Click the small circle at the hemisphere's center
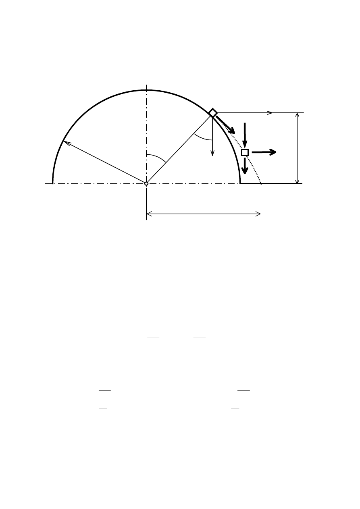(x=146, y=183)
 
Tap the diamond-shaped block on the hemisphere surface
(x=213, y=113)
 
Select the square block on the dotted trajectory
(x=245, y=152)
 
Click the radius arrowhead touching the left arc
(x=65, y=142)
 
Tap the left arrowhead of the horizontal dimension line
(x=150, y=214)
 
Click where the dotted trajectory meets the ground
(x=261, y=183)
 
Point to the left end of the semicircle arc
(x=53, y=183)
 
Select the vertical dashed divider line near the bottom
(x=180, y=399)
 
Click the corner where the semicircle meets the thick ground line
(x=241, y=183)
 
